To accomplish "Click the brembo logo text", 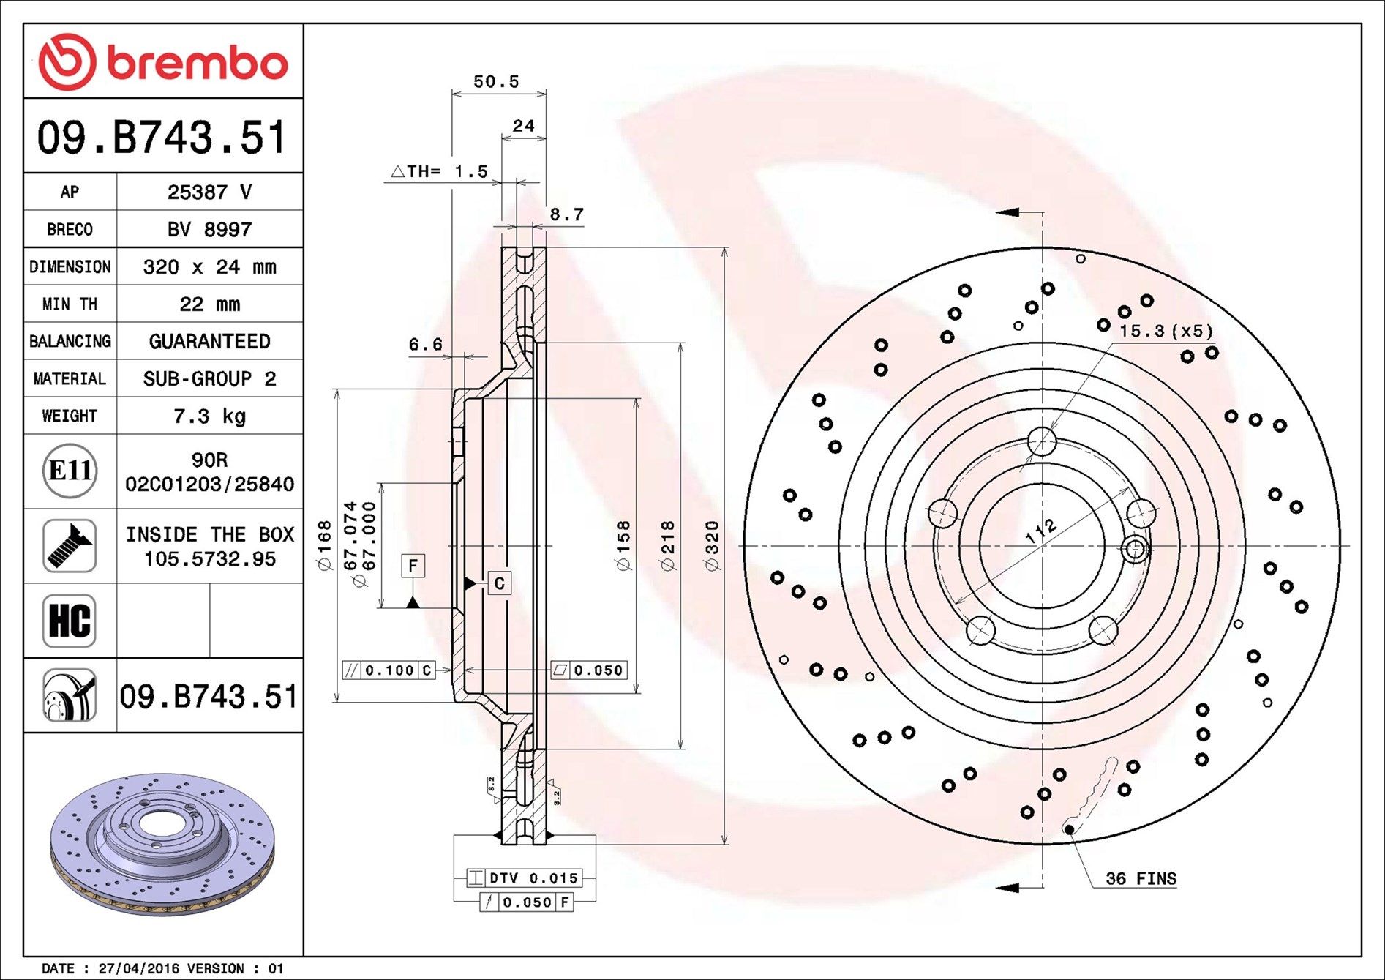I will coord(198,64).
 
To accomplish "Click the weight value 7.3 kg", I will coord(209,416).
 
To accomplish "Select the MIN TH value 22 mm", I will coord(209,304).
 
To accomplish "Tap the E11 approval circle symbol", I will coord(70,471).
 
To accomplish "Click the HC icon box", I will coord(70,621).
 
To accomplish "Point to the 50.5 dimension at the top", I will coord(496,82).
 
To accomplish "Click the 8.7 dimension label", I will coord(566,214).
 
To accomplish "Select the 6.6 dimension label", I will coord(425,344).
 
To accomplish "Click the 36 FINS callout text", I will coord(1141,878).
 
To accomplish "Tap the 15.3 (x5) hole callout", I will coord(1166,331).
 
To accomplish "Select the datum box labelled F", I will coord(413,566).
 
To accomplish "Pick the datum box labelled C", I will coord(499,583).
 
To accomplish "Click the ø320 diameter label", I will coord(712,545).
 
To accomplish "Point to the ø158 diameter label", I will coord(623,545).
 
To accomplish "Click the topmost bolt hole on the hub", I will coord(1042,441).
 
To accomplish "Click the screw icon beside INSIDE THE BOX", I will coord(70,546).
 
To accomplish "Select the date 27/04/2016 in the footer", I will coord(139,968).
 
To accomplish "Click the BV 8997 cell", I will coord(209,230).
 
